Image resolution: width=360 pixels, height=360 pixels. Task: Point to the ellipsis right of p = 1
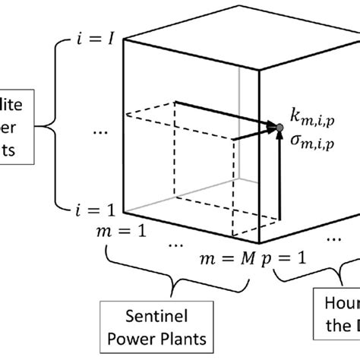click(x=333, y=237)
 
